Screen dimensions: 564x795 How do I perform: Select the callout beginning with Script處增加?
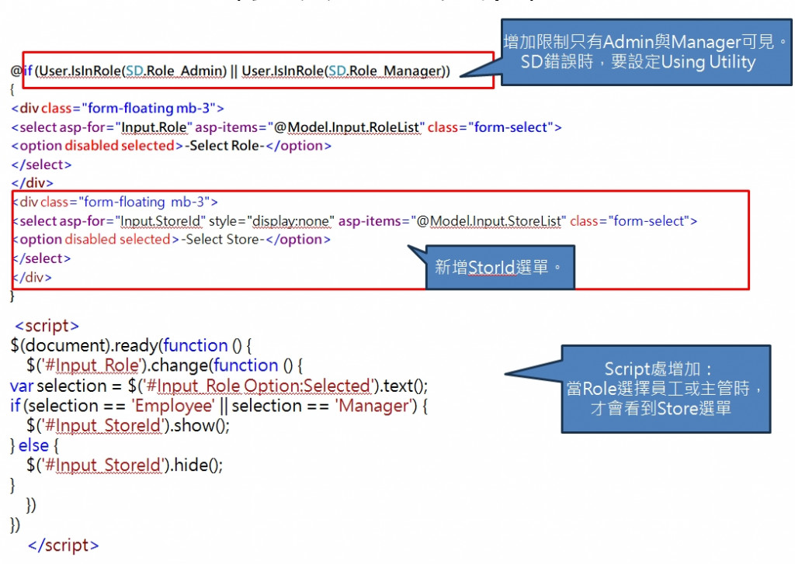[666, 389]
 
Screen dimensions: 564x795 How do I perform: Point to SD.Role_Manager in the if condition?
[384, 71]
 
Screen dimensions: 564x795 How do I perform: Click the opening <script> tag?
[47, 326]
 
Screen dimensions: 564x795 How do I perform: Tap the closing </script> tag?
[64, 545]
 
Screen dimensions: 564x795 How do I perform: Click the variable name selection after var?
[72, 386]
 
